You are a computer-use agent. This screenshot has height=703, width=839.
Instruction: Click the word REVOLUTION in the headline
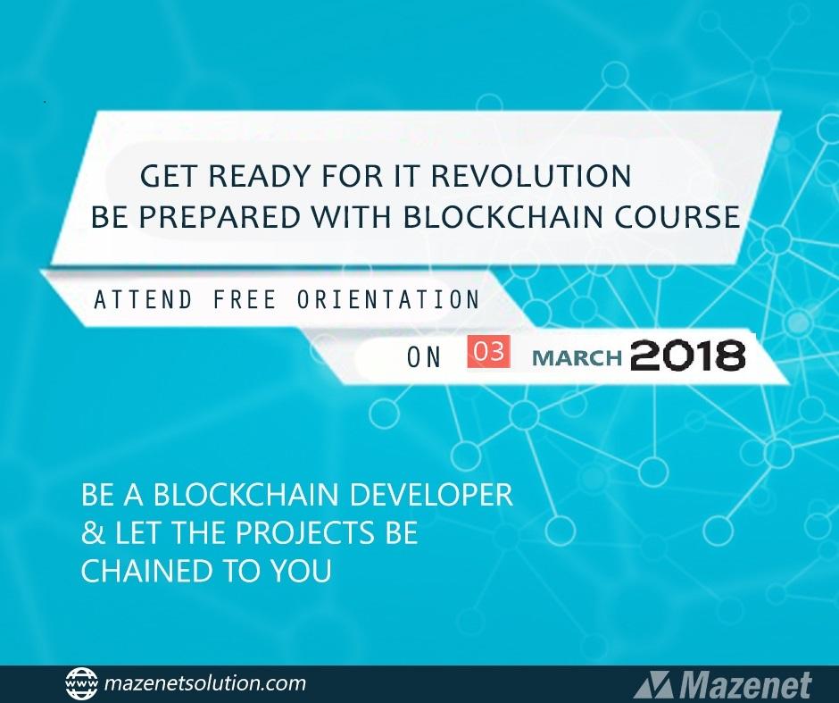pos(531,176)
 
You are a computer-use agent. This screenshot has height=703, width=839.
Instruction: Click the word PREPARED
pos(220,216)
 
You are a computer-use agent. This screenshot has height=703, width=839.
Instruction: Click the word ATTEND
pos(143,299)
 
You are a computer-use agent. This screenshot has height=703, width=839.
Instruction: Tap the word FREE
pos(245,299)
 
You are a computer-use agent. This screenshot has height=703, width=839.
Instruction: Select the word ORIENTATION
pos(388,299)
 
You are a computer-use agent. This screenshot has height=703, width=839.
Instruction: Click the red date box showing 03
pos(488,352)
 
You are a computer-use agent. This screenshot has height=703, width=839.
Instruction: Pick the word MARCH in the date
pos(577,357)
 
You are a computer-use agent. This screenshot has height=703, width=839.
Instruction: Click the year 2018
pos(687,355)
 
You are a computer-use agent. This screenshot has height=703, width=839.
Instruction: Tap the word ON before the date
pos(424,357)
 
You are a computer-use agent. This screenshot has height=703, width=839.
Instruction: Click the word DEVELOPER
pos(431,494)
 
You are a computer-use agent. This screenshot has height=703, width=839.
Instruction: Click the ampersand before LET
pos(93,532)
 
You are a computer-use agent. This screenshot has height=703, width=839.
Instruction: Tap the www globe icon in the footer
pos(81,683)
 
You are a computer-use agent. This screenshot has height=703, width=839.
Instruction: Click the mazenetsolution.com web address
pos(205,683)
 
